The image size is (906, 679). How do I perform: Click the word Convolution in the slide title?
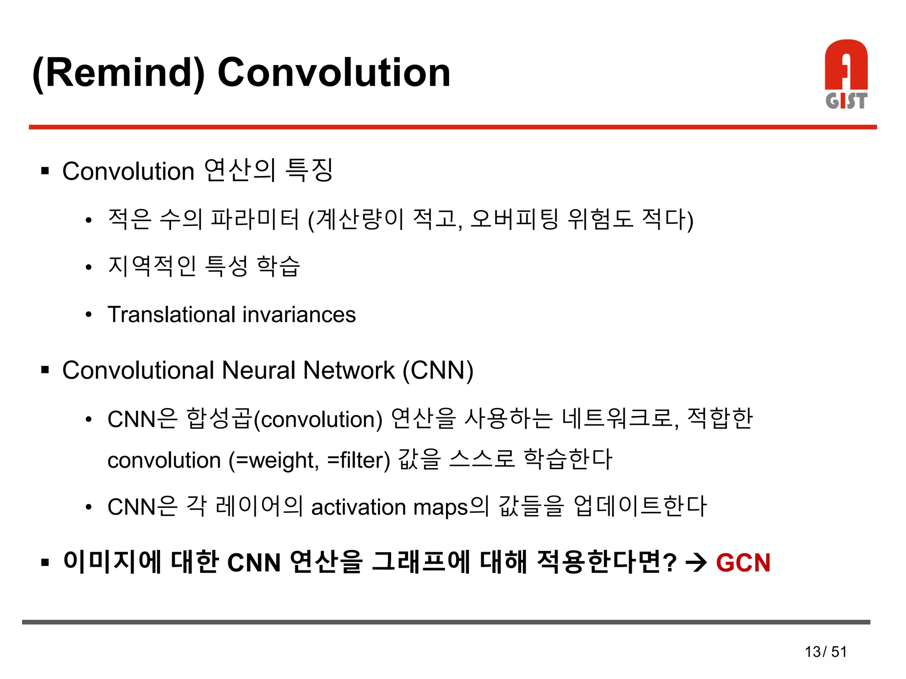334,73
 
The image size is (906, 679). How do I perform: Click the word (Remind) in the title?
119,73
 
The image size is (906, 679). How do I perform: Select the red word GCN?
743,563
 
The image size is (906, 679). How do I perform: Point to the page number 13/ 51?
825,652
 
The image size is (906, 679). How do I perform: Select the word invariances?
299,315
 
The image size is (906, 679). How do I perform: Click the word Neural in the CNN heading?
258,370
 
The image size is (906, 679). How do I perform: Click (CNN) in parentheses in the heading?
438,370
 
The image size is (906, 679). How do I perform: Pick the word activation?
358,507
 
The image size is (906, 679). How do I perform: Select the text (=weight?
274,460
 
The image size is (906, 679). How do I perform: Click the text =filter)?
359,460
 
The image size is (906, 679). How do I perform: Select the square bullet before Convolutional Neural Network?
45,370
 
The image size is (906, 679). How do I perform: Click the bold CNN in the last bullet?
254,563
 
